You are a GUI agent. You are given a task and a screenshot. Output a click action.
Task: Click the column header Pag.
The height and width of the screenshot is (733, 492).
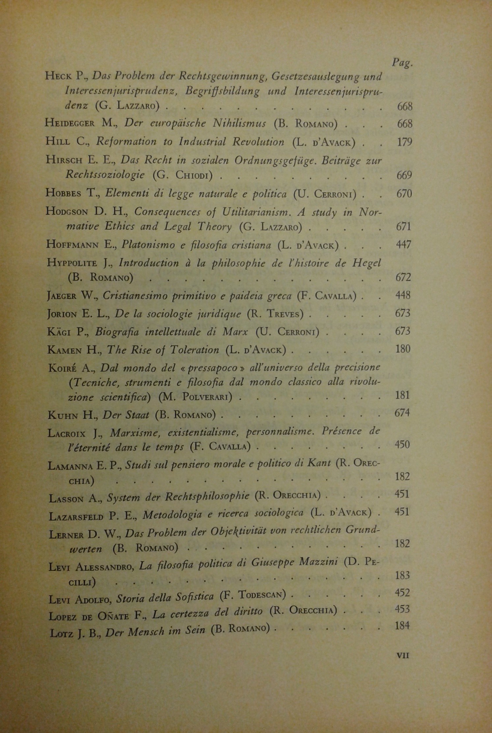[402, 63]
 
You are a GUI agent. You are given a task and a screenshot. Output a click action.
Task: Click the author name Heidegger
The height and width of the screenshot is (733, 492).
[70, 123]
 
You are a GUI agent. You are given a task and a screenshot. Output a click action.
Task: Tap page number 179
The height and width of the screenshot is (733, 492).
[404, 142]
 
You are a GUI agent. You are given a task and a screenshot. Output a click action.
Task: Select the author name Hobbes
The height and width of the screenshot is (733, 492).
[63, 193]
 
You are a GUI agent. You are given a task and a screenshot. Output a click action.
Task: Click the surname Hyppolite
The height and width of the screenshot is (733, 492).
[72, 263]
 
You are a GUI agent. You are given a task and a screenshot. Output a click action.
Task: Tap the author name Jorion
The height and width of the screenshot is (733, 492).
[62, 313]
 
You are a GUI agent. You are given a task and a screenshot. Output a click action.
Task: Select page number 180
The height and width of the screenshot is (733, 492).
[403, 349]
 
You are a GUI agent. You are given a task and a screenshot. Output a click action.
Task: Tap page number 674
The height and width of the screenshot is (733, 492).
[402, 413]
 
